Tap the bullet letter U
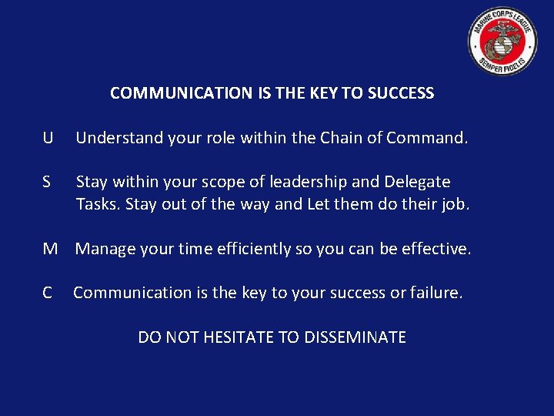click(48, 138)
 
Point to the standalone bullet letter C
click(48, 293)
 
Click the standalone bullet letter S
click(47, 182)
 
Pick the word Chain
click(345, 138)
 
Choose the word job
click(453, 205)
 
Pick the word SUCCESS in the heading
click(401, 93)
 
